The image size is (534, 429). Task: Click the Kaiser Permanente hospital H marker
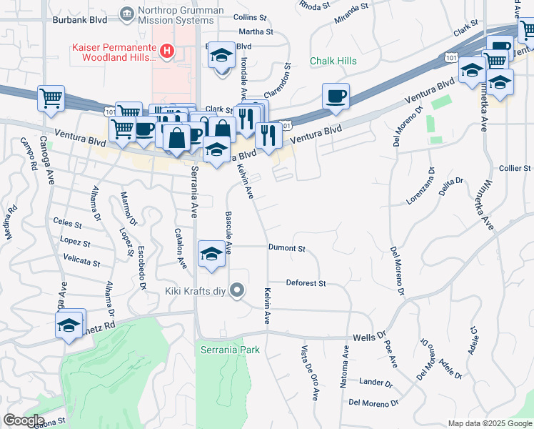(167, 51)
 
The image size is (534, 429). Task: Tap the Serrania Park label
(229, 350)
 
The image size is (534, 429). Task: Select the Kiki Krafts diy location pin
(238, 290)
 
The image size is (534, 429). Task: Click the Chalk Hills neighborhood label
(333, 61)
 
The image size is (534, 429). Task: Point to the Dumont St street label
(287, 249)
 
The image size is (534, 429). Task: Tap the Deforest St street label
(306, 283)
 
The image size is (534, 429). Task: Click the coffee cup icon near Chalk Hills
(336, 96)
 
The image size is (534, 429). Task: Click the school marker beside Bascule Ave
(211, 255)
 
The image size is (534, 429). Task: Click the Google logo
(23, 420)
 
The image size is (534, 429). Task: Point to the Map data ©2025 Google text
(489, 423)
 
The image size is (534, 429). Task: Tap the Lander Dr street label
(376, 383)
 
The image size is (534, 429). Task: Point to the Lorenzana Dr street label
(420, 187)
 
